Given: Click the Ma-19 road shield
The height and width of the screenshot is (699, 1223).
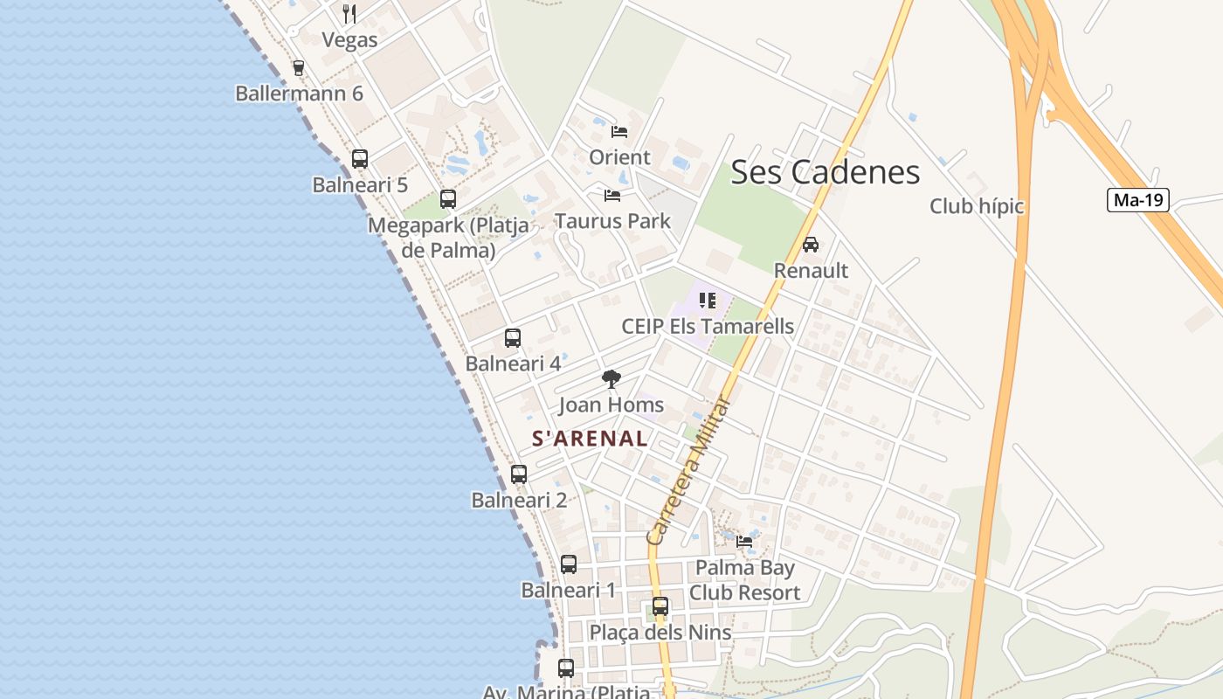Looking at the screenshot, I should [1138, 200].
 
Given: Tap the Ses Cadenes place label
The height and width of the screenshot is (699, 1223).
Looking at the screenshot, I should [825, 172].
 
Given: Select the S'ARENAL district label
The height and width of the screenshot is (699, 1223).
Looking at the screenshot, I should [590, 439].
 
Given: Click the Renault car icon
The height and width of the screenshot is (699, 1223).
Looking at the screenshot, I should [811, 245].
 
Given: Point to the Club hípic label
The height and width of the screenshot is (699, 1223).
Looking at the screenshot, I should [976, 207].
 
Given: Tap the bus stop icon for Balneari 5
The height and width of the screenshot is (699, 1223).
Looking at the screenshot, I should [359, 159].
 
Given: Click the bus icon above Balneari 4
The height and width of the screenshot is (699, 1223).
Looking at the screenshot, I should [513, 337].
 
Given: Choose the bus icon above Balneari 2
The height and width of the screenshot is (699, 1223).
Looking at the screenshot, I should [519, 474].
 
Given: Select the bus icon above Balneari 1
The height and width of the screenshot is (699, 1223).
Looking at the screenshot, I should [569, 564].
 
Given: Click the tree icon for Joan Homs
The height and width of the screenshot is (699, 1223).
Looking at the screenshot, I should [611, 378].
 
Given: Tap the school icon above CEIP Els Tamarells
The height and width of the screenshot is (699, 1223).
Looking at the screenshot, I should [708, 301].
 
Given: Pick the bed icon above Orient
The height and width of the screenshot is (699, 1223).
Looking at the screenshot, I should [619, 132].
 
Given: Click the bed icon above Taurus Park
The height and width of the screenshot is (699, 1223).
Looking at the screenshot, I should [612, 195].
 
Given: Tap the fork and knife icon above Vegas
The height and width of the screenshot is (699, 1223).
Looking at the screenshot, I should [349, 14].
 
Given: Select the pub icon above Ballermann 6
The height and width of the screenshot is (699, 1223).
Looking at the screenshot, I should [299, 67].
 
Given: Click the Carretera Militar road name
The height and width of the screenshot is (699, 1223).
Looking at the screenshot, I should [689, 472].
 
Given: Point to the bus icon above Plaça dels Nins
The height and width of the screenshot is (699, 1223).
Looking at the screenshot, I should [660, 606].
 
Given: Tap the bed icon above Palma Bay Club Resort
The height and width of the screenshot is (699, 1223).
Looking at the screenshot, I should [744, 542].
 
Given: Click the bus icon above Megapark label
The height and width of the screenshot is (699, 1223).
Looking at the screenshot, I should [448, 199].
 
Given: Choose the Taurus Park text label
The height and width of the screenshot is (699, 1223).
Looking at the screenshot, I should [612, 221].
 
